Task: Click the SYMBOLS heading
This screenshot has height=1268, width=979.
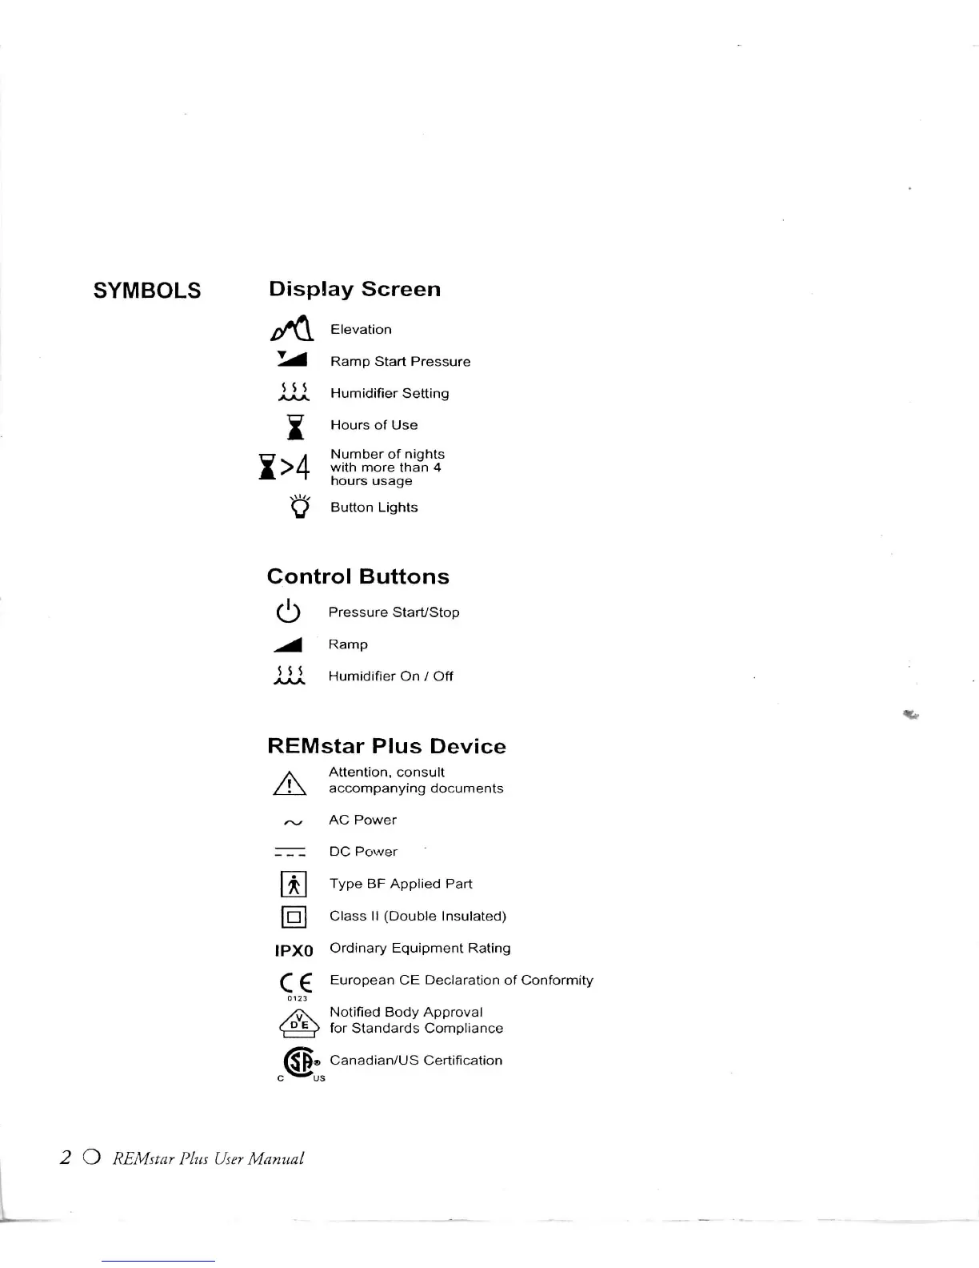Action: tap(147, 291)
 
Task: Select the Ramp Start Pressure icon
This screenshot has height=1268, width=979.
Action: tap(293, 359)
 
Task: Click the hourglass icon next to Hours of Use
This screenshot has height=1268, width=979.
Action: tap(296, 427)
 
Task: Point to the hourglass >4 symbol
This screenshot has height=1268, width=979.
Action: tap(284, 466)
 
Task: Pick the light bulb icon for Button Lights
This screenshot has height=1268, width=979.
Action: tap(300, 507)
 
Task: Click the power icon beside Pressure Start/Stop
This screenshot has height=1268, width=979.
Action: tap(288, 612)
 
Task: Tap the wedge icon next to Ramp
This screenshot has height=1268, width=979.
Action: tap(289, 644)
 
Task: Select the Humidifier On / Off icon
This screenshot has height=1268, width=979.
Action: tap(289, 676)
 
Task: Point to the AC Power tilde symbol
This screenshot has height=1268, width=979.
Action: tap(293, 822)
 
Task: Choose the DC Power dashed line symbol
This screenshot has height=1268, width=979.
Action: tap(290, 852)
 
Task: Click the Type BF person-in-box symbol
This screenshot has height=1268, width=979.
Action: tap(294, 885)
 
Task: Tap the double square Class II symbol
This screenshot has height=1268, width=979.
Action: tap(294, 917)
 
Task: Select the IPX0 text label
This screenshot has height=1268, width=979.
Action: tap(294, 951)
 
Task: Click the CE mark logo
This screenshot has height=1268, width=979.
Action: tap(296, 983)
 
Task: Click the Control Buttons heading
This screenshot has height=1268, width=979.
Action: tap(358, 576)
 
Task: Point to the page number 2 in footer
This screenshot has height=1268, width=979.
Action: tap(66, 1158)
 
